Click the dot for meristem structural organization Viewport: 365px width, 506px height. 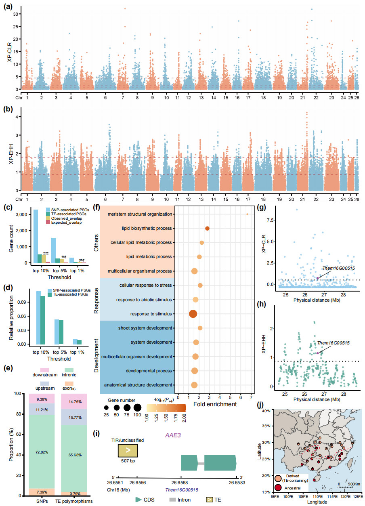(247, 214)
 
